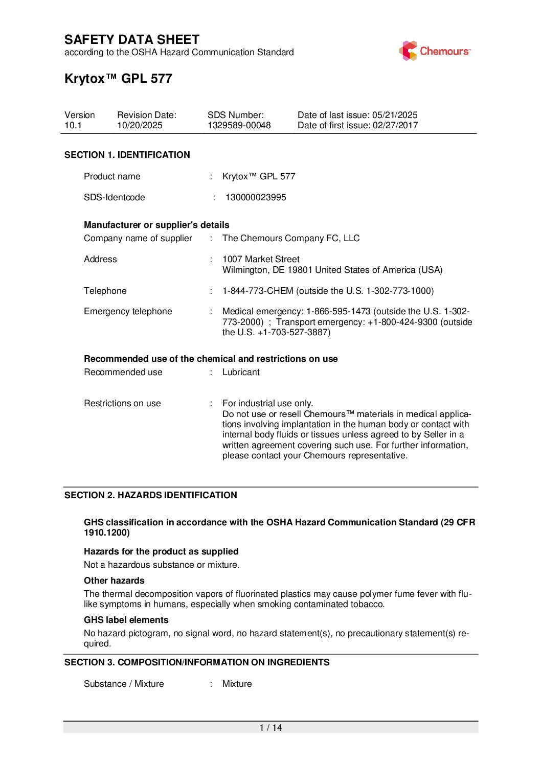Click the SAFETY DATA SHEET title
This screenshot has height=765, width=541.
(x=132, y=40)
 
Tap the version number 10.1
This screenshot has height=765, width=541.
(x=73, y=126)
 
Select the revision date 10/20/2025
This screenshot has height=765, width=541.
(x=140, y=126)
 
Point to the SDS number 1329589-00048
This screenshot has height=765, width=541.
(x=239, y=126)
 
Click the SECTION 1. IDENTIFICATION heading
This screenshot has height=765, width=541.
(x=127, y=155)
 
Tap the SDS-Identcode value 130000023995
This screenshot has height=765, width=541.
(x=256, y=197)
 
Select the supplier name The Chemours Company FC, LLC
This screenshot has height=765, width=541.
(x=290, y=238)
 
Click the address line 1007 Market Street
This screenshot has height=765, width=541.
(x=261, y=259)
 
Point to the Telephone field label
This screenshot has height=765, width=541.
(x=105, y=291)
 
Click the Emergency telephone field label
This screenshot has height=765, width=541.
(x=128, y=311)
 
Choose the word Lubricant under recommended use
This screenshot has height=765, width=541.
(x=241, y=372)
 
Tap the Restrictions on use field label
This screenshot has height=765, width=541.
(x=122, y=403)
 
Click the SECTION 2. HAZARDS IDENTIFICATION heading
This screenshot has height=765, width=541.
(x=150, y=495)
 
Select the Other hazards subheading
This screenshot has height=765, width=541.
(x=114, y=581)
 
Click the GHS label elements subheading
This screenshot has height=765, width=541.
(x=126, y=620)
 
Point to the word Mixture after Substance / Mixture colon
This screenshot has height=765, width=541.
(x=237, y=684)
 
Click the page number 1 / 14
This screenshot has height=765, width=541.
(x=270, y=728)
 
